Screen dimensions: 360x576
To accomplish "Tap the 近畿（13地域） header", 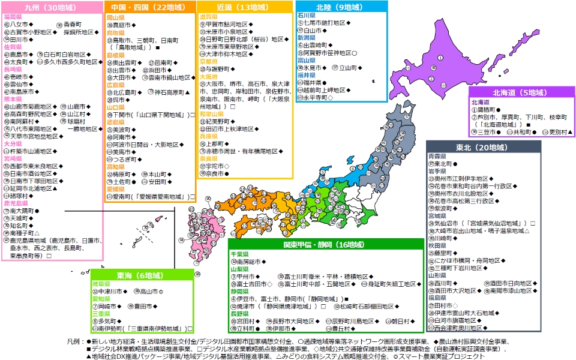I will coord(245,8).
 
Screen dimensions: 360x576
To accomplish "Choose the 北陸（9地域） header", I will coord(340,8).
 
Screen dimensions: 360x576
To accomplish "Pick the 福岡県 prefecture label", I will coord(13,17).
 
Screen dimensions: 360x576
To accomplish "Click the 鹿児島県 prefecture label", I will coord(14,203).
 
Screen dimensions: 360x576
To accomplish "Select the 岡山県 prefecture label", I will coord(115,18).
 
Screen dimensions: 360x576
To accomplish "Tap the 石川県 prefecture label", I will coord(306,15).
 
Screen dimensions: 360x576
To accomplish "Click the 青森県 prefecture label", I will coord(437,156).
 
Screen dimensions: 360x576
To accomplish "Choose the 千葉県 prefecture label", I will coord(240,254).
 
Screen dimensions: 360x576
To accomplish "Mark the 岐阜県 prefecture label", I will coord(101,284).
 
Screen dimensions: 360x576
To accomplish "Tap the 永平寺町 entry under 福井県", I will coord(314,97).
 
